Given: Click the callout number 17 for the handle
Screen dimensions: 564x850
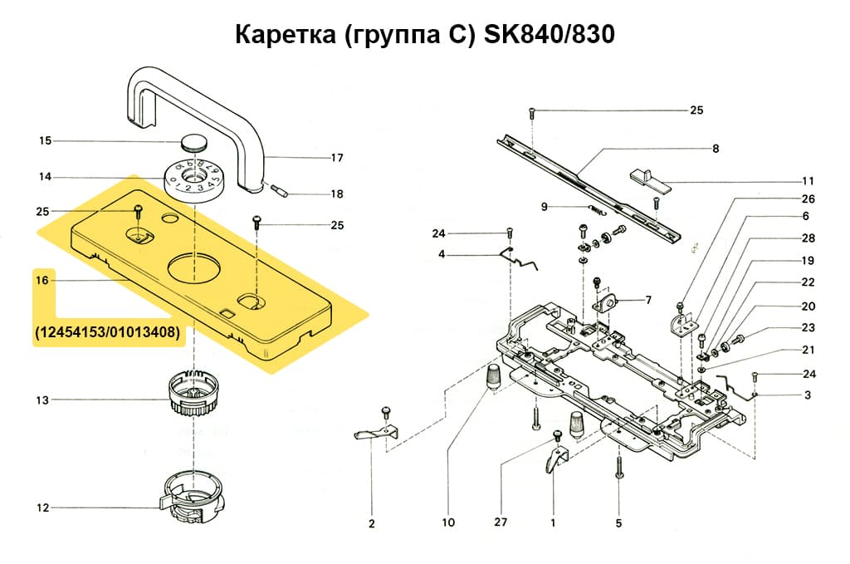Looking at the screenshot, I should [337, 158].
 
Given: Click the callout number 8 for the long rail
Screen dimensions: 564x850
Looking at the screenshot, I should [715, 150].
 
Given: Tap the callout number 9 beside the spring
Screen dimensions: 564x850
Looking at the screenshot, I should [545, 207].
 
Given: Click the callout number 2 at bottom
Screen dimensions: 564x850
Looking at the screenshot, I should [371, 523].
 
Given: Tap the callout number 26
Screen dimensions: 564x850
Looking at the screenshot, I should [808, 199].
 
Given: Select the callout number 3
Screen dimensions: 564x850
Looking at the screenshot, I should [807, 395].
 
